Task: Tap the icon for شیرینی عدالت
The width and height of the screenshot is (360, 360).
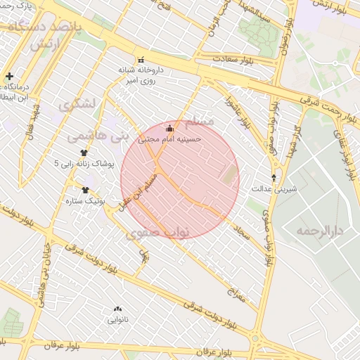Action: coord(274,177)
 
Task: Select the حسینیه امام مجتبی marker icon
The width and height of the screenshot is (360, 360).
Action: coord(169,128)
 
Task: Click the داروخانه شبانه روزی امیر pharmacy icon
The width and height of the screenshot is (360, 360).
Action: coord(140,60)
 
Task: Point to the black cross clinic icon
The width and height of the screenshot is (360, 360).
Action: coord(9,76)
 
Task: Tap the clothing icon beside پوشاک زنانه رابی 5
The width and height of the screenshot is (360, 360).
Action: coord(83,153)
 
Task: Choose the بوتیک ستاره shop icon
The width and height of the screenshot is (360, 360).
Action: coord(86,190)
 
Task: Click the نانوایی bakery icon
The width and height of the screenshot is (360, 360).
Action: coord(117,309)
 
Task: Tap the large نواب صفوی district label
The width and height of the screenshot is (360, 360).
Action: coord(155,233)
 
